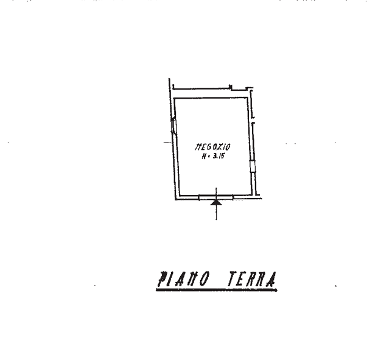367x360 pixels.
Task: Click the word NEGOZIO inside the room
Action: (x=212, y=147)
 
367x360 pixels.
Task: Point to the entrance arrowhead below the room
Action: (x=216, y=204)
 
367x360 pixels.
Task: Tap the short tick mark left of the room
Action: (x=166, y=143)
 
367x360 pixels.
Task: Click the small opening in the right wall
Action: (x=251, y=166)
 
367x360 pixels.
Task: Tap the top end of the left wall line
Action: (x=169, y=78)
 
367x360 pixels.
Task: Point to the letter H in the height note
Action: (x=203, y=156)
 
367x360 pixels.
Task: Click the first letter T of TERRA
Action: (x=232, y=280)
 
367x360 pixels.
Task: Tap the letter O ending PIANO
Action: (x=205, y=280)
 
